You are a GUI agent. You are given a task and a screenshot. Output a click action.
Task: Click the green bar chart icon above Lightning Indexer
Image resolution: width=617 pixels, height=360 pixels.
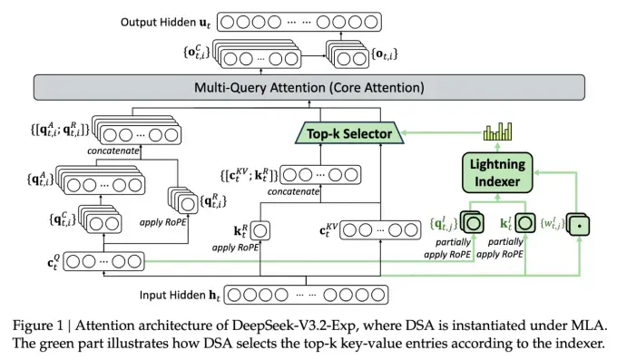coord(497,133)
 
